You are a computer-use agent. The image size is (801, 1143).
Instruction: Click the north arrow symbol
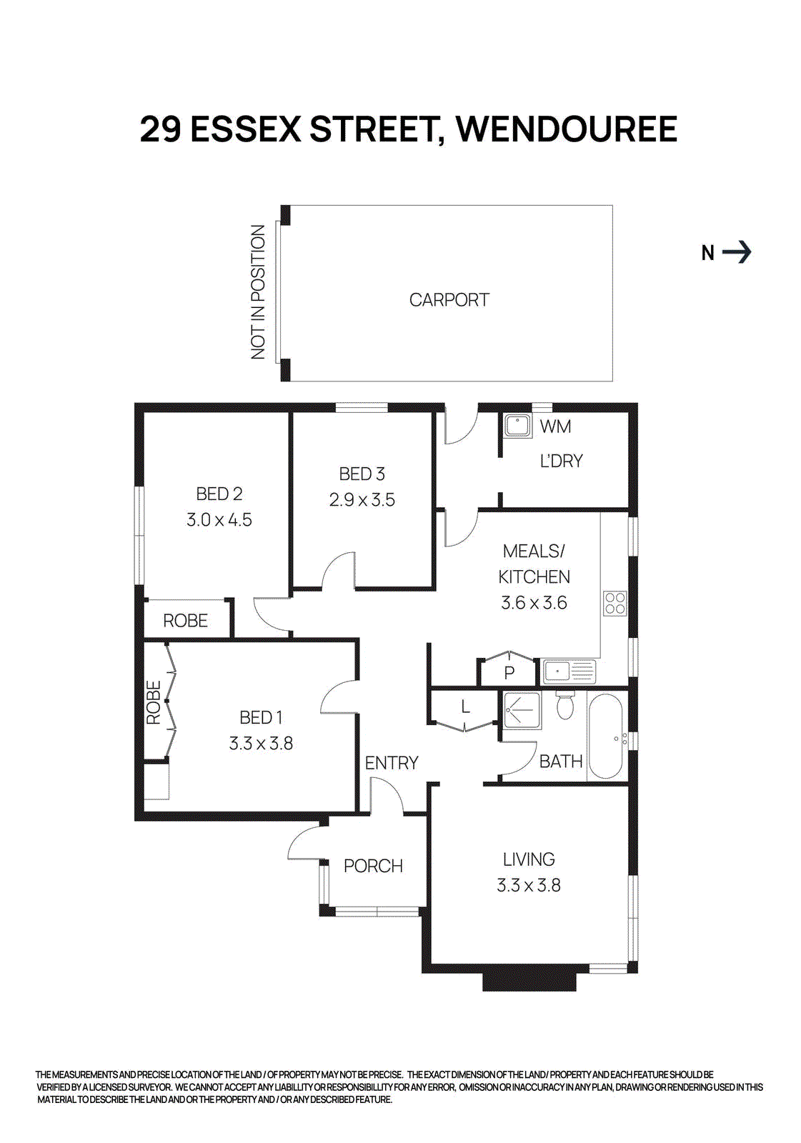pyautogui.click(x=737, y=252)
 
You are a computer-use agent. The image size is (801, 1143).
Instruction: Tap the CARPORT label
pyautogui.click(x=449, y=300)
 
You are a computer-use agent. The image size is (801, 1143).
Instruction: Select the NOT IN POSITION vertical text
pyautogui.click(x=258, y=292)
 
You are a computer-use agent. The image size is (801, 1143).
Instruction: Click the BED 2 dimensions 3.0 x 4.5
pyautogui.click(x=219, y=520)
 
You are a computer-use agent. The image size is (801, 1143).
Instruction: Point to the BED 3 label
pyautogui.click(x=362, y=474)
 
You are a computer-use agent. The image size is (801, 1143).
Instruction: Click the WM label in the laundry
pyautogui.click(x=555, y=426)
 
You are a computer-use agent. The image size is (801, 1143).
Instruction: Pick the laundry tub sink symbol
pyautogui.click(x=517, y=426)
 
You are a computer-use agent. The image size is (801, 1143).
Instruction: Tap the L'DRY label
pyautogui.click(x=561, y=461)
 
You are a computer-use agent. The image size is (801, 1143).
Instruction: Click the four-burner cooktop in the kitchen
pyautogui.click(x=615, y=604)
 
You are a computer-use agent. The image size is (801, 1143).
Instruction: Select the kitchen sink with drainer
pyautogui.click(x=569, y=672)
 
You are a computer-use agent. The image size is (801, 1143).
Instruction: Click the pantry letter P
pyautogui.click(x=509, y=672)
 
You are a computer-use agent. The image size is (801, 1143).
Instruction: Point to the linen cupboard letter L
pyautogui.click(x=465, y=707)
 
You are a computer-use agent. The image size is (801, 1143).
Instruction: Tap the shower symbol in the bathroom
pyautogui.click(x=522, y=710)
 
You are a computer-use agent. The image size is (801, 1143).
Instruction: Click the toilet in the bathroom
pyautogui.click(x=565, y=705)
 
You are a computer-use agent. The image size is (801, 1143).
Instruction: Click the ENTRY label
pyautogui.click(x=391, y=763)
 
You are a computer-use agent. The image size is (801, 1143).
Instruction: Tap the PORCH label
pyautogui.click(x=373, y=866)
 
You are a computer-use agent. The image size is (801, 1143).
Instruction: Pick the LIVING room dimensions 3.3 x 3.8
pyautogui.click(x=529, y=886)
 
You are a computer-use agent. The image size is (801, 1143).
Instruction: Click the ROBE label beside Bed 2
pyautogui.click(x=185, y=621)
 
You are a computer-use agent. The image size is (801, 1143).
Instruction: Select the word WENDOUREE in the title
pyautogui.click(x=567, y=129)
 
